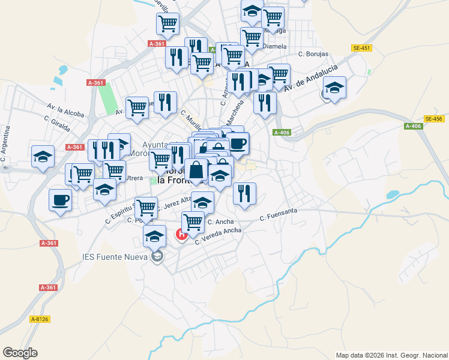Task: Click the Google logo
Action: coord(20,353)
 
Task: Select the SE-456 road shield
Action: coord(433,119)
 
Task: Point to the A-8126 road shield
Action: coord(40,320)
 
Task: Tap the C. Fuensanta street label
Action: coord(279,218)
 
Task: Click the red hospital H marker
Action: coord(181,235)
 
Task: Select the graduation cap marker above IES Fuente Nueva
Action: coord(155,236)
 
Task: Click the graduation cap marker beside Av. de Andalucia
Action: coord(334,88)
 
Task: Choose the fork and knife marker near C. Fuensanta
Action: coord(244,193)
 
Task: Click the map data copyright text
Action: coord(391,355)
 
